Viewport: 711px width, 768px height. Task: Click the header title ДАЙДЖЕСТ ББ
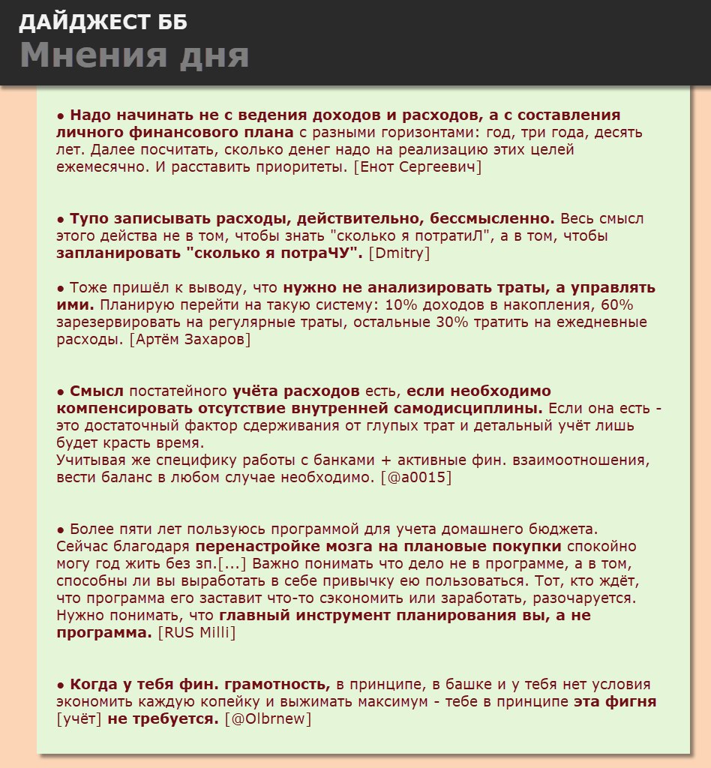click(x=103, y=22)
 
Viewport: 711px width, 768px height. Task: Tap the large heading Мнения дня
click(x=134, y=56)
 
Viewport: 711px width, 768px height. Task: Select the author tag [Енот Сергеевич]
click(x=417, y=167)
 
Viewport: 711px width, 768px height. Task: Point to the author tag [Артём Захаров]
click(x=190, y=340)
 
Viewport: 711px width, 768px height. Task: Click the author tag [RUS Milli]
click(x=196, y=633)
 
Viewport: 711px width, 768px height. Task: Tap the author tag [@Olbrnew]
click(x=268, y=719)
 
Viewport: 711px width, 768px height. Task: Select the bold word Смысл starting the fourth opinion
click(x=97, y=391)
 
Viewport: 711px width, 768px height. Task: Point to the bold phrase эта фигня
click(x=615, y=702)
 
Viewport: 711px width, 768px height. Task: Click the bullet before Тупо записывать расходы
click(x=61, y=220)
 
